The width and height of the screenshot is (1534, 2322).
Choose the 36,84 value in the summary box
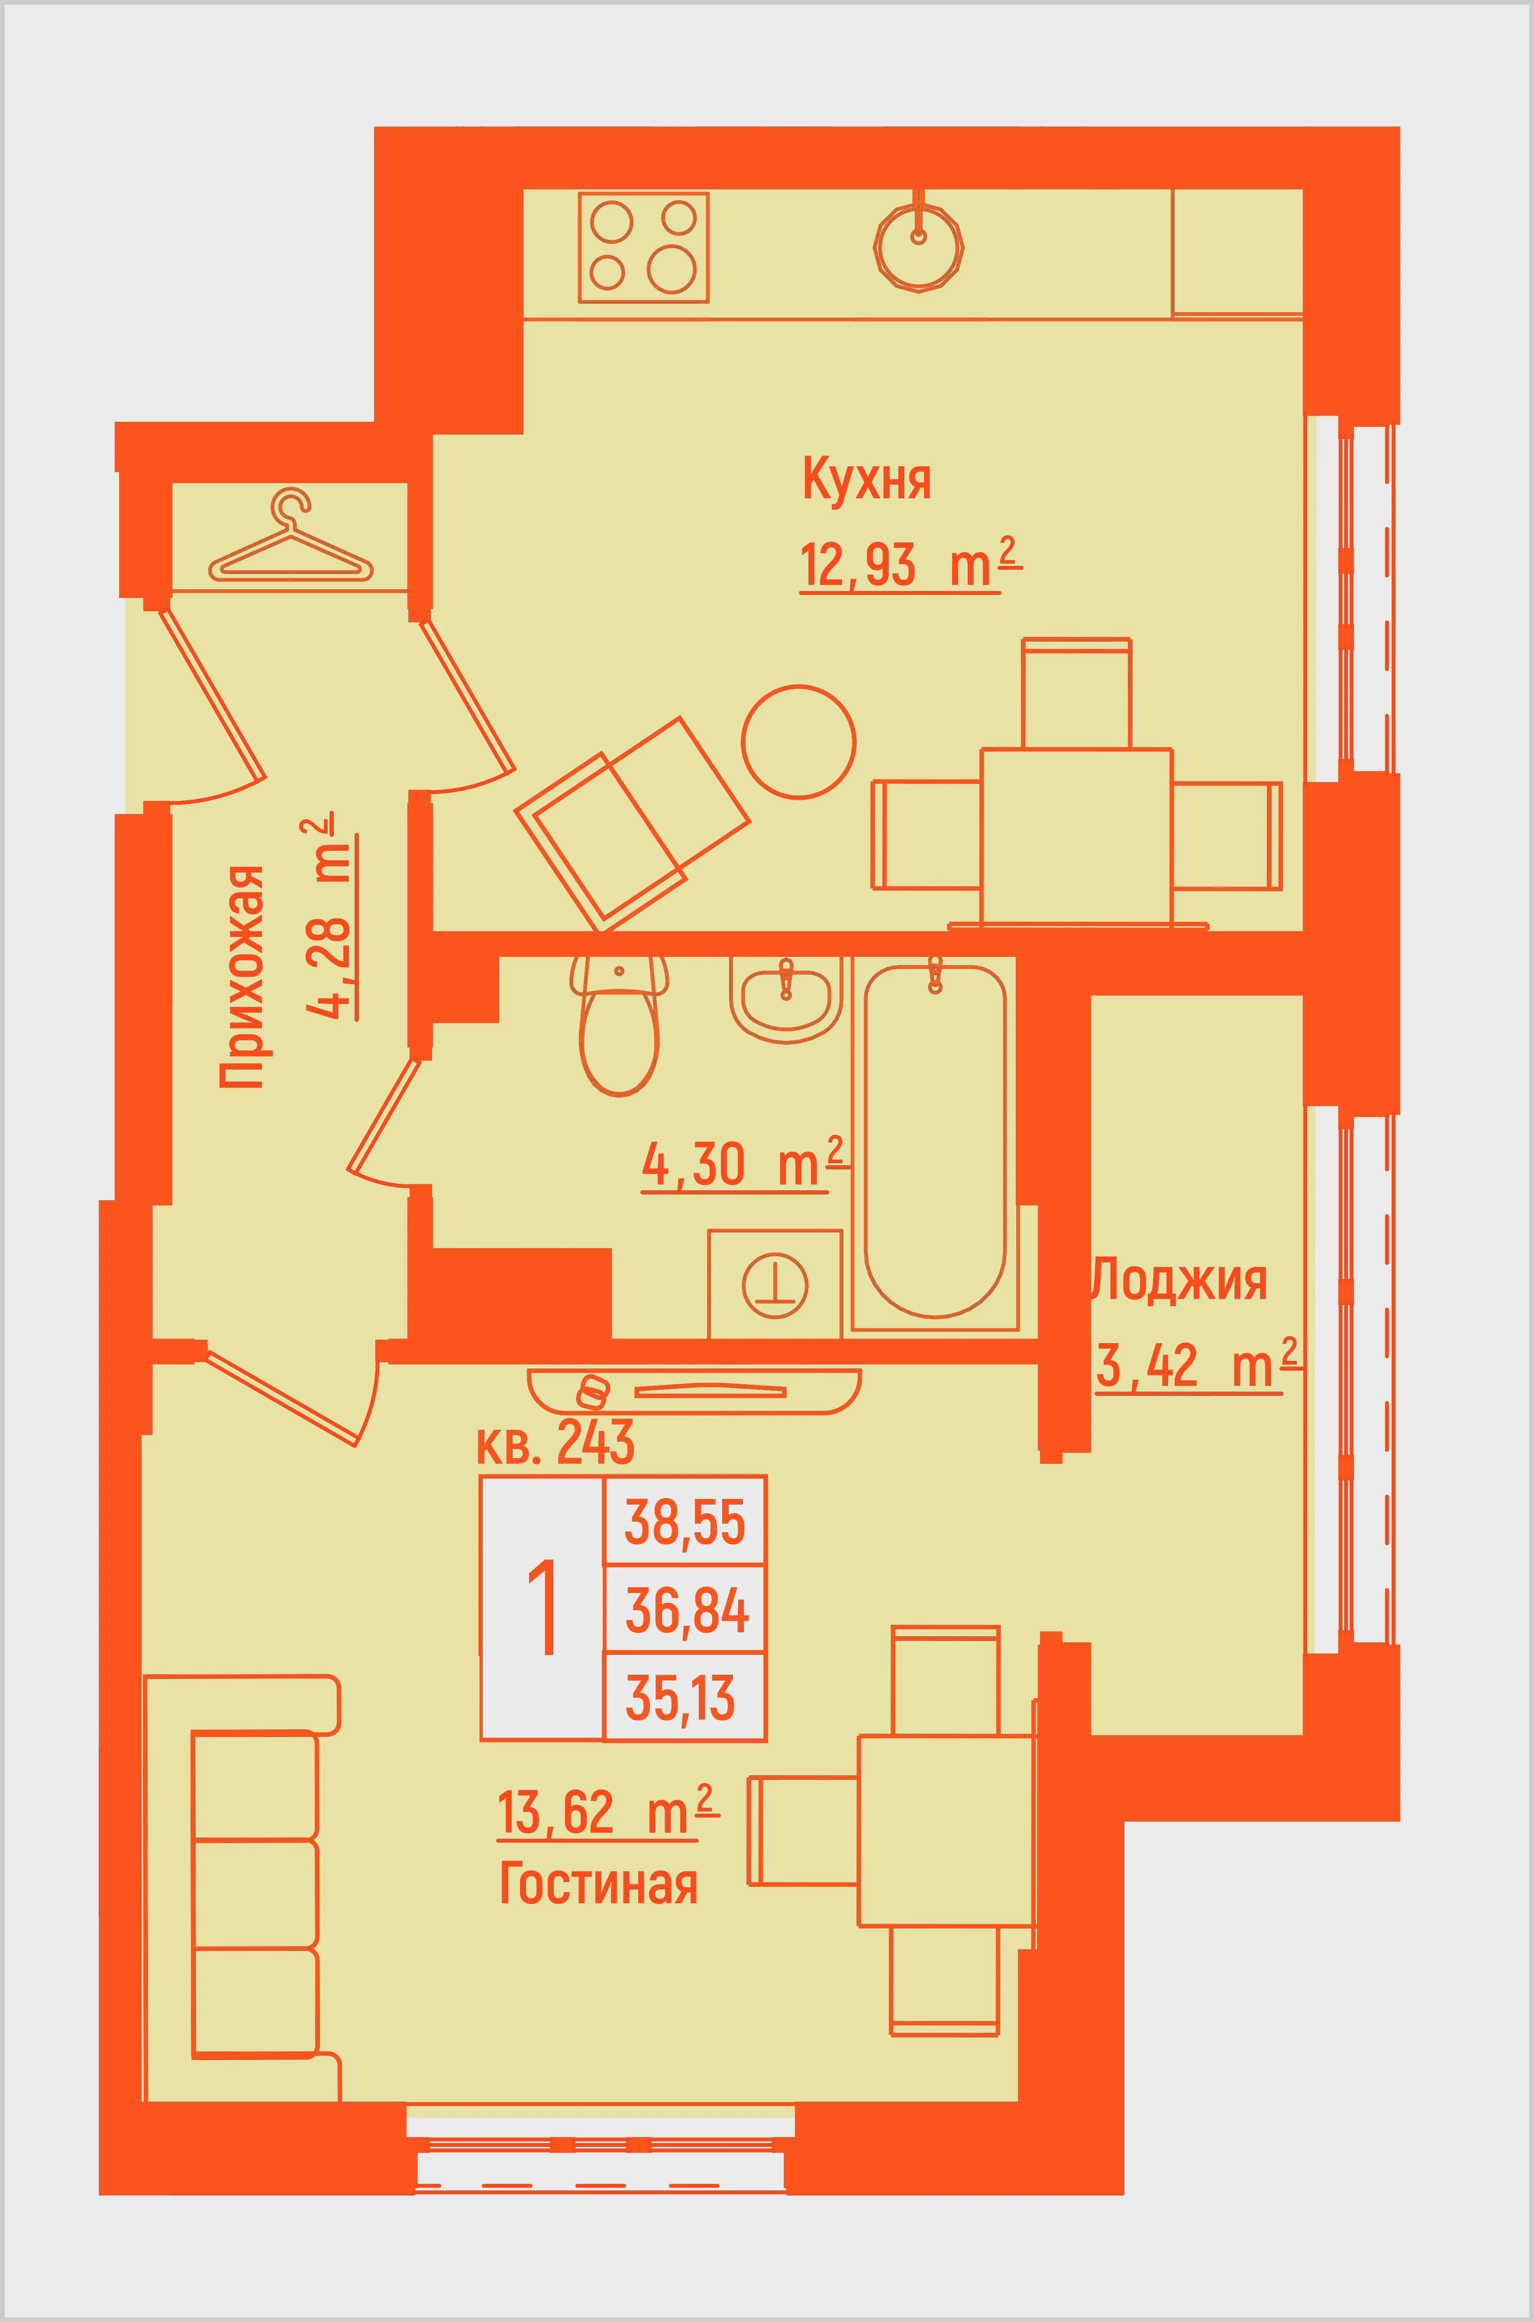pos(687,1611)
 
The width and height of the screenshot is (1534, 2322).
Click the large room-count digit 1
pos(543,1609)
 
